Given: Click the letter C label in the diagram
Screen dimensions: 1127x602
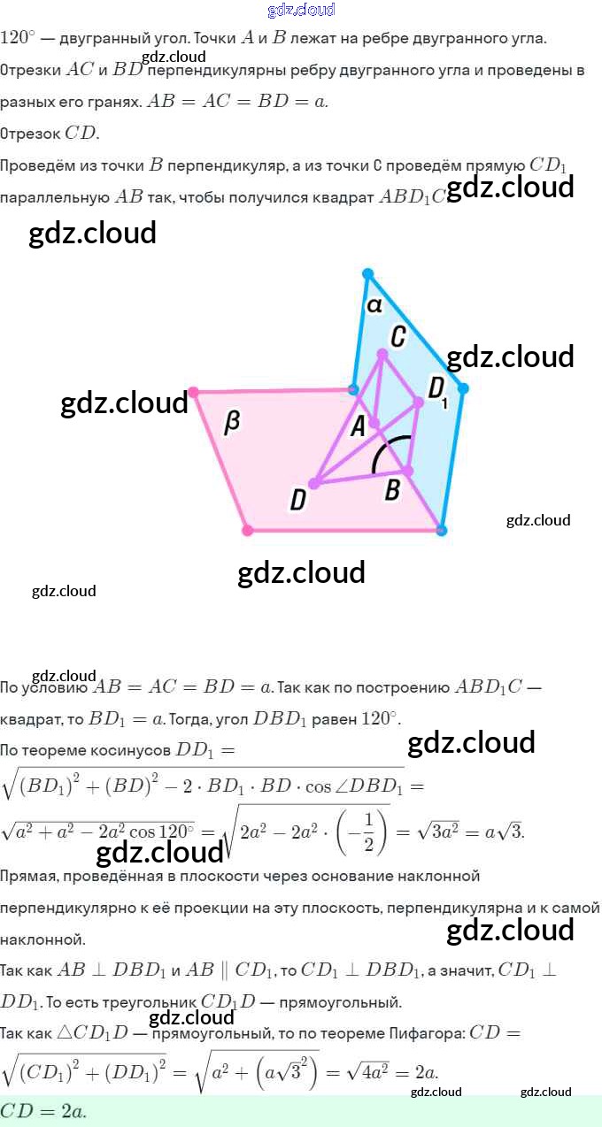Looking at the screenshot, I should click(x=397, y=336).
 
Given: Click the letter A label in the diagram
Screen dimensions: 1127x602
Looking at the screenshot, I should click(x=358, y=426).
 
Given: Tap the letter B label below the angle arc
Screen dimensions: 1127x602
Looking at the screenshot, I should click(x=392, y=489).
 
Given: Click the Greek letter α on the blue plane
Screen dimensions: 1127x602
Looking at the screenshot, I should click(x=374, y=305).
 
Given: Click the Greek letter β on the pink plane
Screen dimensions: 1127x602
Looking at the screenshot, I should click(x=232, y=422).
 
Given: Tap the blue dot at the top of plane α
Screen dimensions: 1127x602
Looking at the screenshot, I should click(x=368, y=274).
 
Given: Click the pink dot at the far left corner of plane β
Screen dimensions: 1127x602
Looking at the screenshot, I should click(x=193, y=391).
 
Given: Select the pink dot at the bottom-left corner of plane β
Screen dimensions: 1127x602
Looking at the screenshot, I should click(x=248, y=530).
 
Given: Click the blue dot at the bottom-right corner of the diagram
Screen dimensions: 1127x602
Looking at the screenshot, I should click(x=442, y=530).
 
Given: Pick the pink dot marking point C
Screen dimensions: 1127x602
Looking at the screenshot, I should click(x=382, y=354).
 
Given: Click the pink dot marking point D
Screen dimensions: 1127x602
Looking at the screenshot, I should click(x=314, y=483).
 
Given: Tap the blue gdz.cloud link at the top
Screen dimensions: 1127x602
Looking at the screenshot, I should click(x=301, y=10).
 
